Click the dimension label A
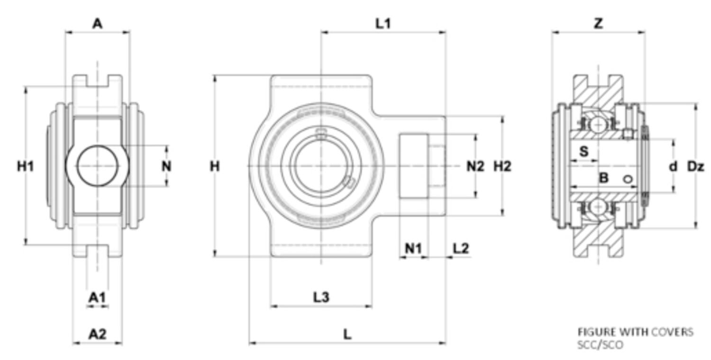[x=97, y=23]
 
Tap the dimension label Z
[x=599, y=23]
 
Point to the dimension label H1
[x=26, y=166]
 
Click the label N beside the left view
[x=166, y=166]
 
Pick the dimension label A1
[x=97, y=297]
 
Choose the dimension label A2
[x=97, y=334]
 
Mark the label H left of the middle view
[x=215, y=166]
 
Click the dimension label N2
[x=475, y=166]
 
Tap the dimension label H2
[x=502, y=166]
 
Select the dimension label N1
[x=413, y=248]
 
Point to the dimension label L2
[x=461, y=248]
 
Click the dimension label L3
[x=321, y=297]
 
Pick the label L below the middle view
[x=347, y=334]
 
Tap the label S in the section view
[x=584, y=152]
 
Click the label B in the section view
[x=603, y=179]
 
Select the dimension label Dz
[x=696, y=166]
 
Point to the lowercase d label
[x=673, y=166]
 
